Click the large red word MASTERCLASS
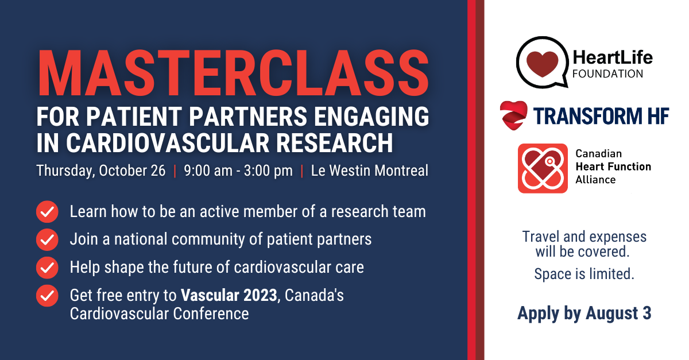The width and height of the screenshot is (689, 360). pos(234,73)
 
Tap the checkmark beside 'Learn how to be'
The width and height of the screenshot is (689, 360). pos(47,212)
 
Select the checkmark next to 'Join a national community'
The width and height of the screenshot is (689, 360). pos(47,239)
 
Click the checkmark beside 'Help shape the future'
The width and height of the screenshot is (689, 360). pos(47,268)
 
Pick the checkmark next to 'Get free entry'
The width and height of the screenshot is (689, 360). pos(47,296)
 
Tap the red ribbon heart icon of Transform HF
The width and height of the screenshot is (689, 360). pos(513,115)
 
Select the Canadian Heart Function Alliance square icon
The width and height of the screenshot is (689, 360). pos(543,168)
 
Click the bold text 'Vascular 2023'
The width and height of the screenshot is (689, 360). pos(229,295)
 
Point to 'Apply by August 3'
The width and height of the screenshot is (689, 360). pos(585,313)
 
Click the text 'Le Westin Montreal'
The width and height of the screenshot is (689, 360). pos(369,171)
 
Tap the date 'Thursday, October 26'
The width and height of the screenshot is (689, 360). pos(101,171)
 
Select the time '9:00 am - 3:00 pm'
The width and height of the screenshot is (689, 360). pos(238,171)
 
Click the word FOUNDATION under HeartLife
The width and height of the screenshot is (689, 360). pos(608,74)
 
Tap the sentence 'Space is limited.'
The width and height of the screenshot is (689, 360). pos(585,274)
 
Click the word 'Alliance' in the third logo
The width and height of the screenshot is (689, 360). pos(595,180)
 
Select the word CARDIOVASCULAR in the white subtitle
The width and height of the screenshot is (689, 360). pos(168,143)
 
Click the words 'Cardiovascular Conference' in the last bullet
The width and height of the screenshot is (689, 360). pos(160,314)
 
